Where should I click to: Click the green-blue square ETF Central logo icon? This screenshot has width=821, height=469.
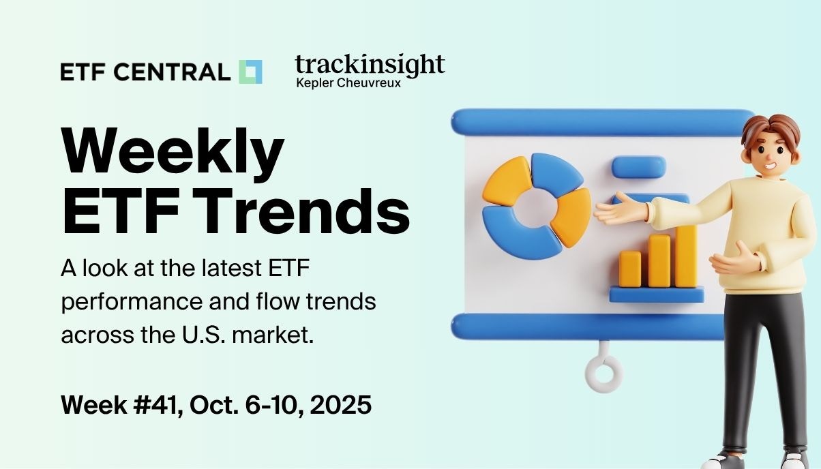tap(250, 72)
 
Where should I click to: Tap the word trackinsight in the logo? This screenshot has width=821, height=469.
tap(370, 65)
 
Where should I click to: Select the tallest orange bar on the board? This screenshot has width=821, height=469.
tap(685, 256)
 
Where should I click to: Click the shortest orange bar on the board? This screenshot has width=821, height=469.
tap(630, 269)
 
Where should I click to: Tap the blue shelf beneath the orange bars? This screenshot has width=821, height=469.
tap(656, 294)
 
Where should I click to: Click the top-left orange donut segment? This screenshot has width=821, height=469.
tap(505, 179)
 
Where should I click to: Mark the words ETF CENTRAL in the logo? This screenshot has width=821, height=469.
tap(145, 72)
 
